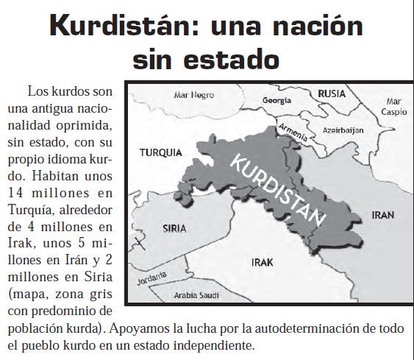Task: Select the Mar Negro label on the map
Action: [193, 96]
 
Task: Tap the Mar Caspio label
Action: [393, 108]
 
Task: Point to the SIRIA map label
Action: [174, 228]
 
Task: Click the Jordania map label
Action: [153, 278]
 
